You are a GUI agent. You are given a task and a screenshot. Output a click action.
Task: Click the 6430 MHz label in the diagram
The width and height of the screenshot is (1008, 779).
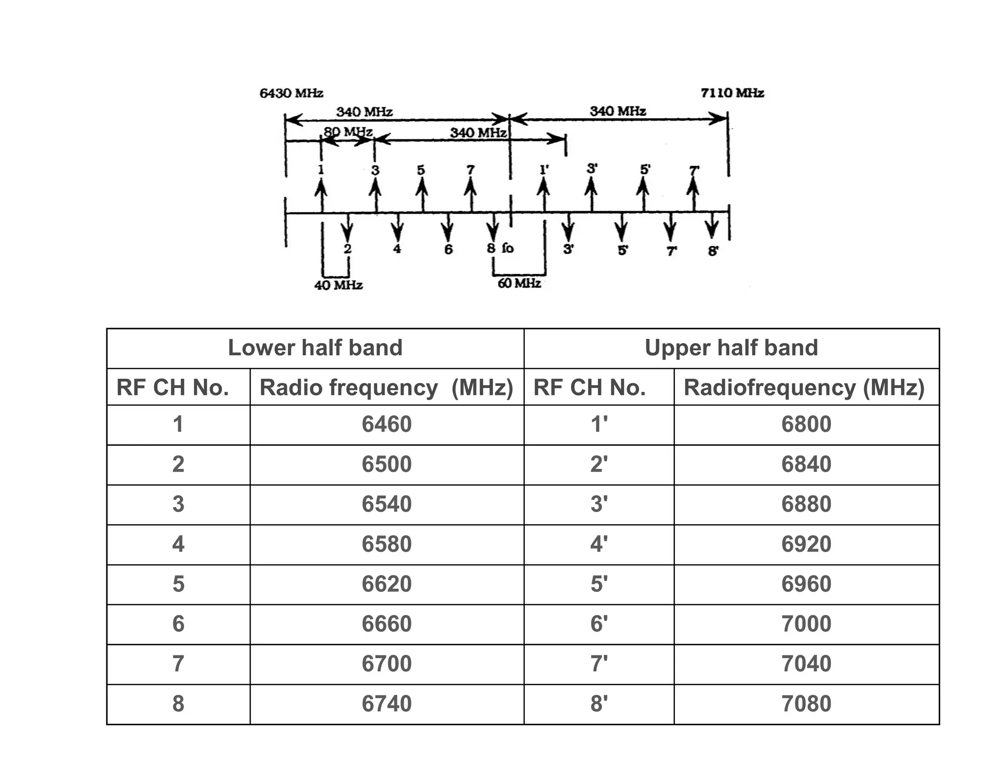tap(291, 93)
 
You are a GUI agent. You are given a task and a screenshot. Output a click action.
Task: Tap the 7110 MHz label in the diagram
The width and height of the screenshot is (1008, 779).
tap(732, 93)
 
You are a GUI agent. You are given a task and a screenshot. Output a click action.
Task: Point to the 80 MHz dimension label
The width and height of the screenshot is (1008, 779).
tap(347, 132)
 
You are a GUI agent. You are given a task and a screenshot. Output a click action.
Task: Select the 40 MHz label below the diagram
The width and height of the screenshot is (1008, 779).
tap(338, 285)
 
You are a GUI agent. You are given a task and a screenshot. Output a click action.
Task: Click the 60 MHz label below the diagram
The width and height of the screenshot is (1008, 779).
tap(519, 283)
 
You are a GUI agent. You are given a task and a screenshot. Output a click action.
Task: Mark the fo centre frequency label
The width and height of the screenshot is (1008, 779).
tap(507, 248)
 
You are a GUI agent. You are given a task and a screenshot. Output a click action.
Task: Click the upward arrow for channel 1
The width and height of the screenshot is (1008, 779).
tap(321, 195)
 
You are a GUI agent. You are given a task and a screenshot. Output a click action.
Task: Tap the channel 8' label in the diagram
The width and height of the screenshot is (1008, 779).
tap(713, 251)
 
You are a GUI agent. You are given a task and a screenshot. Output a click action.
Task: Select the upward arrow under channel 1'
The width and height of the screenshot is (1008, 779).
tap(543, 195)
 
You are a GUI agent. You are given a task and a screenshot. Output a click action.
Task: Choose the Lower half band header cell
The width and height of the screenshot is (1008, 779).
tap(315, 348)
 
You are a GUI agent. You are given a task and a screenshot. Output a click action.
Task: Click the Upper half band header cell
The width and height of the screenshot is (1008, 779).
tap(731, 348)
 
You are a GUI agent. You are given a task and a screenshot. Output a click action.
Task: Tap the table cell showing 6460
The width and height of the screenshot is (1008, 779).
tap(386, 424)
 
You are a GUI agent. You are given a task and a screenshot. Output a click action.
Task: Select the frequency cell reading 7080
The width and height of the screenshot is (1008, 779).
tap(806, 704)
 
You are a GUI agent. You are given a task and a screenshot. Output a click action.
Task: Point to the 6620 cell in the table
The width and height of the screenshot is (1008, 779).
tap(386, 584)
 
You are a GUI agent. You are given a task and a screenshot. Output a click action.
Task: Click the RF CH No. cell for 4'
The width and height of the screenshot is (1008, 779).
tap(598, 544)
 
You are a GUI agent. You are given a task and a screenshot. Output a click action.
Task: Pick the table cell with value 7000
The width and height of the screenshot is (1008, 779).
tap(806, 624)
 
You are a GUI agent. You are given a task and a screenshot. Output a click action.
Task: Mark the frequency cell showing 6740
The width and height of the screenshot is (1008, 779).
tap(386, 704)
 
